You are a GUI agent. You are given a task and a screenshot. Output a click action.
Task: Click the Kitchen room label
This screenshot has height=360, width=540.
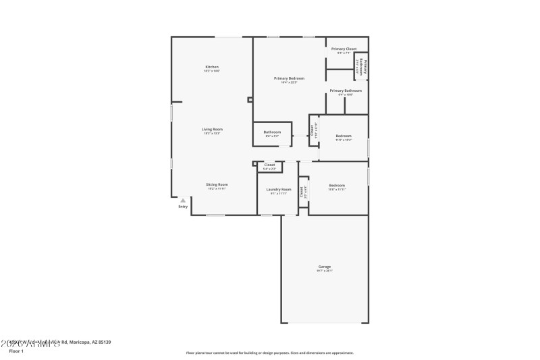(x=212, y=67)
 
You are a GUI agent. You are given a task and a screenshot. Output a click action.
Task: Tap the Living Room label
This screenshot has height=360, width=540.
(x=212, y=129)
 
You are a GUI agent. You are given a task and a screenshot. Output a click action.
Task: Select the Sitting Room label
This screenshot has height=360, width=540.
(x=217, y=184)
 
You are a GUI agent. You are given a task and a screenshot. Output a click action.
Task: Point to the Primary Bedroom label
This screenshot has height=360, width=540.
(x=289, y=78)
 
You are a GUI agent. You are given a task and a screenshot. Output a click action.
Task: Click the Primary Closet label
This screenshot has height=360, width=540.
(x=344, y=49)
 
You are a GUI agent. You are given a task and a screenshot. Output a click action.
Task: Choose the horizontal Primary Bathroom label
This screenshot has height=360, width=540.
(x=346, y=91)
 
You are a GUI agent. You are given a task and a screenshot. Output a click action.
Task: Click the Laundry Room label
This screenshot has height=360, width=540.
(x=278, y=190)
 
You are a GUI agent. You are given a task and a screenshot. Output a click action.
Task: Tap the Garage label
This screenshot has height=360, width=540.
(x=325, y=267)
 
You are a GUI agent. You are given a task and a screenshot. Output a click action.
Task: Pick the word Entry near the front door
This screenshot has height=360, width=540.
(x=183, y=207)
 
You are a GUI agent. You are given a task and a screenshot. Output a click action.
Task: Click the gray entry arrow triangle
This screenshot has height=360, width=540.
(x=182, y=200)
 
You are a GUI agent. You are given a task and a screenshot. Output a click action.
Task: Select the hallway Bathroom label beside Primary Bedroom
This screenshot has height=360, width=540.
(x=272, y=132)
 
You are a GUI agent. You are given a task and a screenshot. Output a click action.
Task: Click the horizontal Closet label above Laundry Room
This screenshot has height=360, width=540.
(x=269, y=165)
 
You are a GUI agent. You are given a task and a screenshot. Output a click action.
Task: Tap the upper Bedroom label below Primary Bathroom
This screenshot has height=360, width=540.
(x=344, y=136)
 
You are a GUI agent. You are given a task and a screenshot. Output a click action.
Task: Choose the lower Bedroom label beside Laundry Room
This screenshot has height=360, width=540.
(x=337, y=185)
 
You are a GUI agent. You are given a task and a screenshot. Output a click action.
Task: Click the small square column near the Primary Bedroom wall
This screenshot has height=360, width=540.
(x=250, y=100)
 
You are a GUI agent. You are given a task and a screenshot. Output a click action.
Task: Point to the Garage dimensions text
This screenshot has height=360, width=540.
(x=325, y=271)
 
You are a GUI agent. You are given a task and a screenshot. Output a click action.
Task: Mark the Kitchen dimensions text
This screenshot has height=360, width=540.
(x=212, y=71)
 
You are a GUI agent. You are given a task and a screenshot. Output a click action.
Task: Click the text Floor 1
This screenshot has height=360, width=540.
(x=16, y=351)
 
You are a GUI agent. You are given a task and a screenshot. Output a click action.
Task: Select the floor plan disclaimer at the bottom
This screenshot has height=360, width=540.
(x=269, y=353)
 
